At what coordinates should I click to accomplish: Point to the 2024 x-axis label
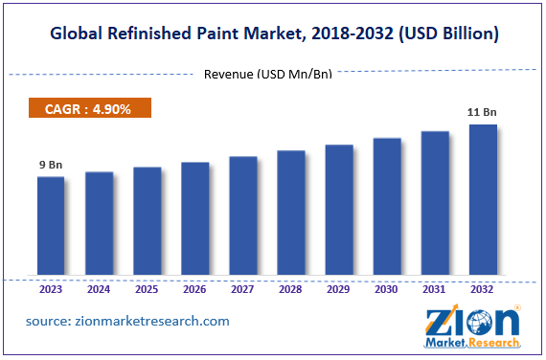pos(99,289)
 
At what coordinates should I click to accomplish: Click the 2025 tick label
pos(147,289)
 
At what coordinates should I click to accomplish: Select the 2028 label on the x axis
pos(291,289)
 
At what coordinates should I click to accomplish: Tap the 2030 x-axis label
pos(387,289)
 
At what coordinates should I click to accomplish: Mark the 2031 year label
pos(435,289)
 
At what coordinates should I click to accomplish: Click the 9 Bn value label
pos(51,165)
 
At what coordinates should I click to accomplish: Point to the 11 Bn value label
pos(483,113)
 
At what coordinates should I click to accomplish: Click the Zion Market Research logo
pos(473,326)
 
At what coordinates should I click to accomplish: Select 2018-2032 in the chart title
pos(359,34)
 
